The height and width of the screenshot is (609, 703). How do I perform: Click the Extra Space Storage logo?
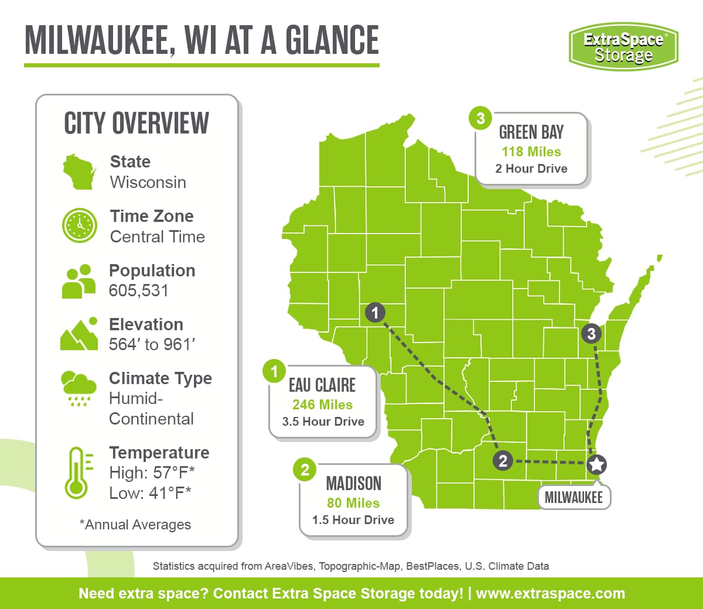click(x=623, y=47)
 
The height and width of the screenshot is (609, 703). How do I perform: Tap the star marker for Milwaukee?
click(x=596, y=464)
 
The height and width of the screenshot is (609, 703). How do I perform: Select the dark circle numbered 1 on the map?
click(x=375, y=313)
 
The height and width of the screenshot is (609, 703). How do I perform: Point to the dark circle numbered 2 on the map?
click(x=503, y=461)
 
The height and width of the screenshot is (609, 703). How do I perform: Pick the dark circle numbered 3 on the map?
click(x=591, y=334)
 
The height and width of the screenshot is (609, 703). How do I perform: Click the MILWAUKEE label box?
click(x=574, y=498)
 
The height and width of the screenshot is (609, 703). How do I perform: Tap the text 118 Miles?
click(x=531, y=152)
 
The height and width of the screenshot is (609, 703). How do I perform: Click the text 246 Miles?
click(x=322, y=405)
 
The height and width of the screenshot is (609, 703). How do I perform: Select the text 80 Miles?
click(x=353, y=503)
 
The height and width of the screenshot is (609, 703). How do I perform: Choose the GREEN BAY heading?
click(x=531, y=132)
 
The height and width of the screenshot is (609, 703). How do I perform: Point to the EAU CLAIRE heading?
click(x=322, y=385)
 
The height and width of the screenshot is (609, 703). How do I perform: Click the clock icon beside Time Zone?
click(x=79, y=225)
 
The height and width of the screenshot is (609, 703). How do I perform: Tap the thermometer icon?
click(x=76, y=473)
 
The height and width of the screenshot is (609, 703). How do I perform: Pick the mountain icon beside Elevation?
click(x=79, y=335)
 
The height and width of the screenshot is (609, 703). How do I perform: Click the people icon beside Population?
click(x=79, y=282)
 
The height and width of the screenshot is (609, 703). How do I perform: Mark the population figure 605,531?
click(x=139, y=290)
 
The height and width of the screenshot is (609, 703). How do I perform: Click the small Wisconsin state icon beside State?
click(x=79, y=172)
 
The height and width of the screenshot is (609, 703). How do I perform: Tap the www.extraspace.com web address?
click(x=550, y=593)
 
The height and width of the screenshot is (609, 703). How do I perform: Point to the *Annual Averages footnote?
click(x=135, y=525)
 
